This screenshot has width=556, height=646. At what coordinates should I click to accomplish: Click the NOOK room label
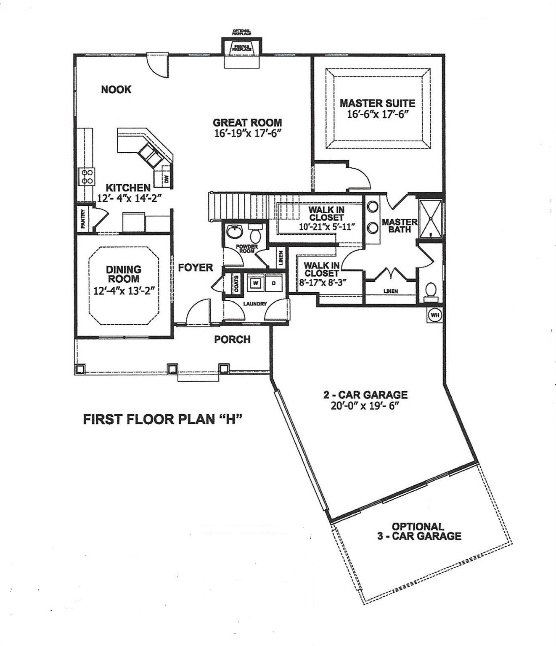tap(116, 89)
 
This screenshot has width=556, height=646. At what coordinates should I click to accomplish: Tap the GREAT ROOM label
tap(247, 123)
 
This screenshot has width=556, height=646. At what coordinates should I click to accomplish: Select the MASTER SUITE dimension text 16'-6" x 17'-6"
tap(378, 114)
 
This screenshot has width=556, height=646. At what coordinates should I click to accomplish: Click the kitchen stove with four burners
tap(87, 177)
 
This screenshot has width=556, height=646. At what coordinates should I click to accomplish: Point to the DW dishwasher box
tap(166, 179)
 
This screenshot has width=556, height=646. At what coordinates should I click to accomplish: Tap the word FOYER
tap(195, 267)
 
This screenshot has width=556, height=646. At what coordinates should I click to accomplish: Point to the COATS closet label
tap(236, 284)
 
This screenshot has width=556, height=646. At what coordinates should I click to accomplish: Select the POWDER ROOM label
tap(247, 249)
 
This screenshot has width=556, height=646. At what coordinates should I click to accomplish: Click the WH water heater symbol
tap(434, 315)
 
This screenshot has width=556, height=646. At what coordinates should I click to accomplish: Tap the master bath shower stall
tap(430, 218)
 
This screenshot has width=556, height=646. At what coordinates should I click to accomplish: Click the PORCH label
tap(232, 339)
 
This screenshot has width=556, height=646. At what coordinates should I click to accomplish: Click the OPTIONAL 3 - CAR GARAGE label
tap(418, 531)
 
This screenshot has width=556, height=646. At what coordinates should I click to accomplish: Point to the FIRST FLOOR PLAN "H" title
tap(164, 419)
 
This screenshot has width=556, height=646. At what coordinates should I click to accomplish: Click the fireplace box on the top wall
tap(242, 47)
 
